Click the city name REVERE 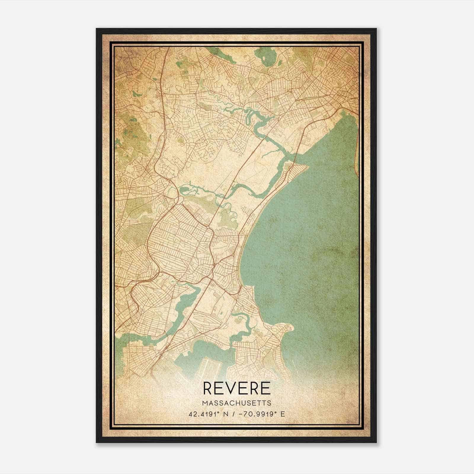pyautogui.click(x=237, y=388)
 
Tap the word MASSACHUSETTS pyautogui.click(x=237, y=403)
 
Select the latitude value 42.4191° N pyautogui.click(x=208, y=414)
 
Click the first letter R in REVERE pyautogui.click(x=208, y=388)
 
